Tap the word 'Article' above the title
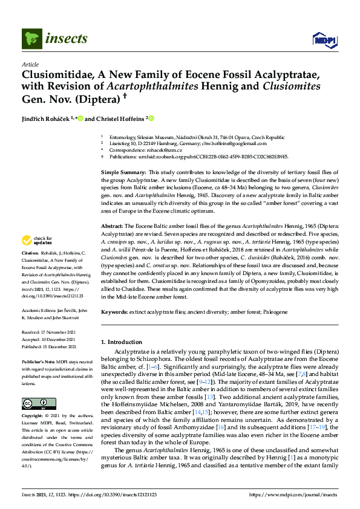click(x=30, y=64)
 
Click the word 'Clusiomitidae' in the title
click(x=58, y=74)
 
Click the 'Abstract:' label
click(x=113, y=225)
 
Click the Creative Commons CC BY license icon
click(x=31, y=403)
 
